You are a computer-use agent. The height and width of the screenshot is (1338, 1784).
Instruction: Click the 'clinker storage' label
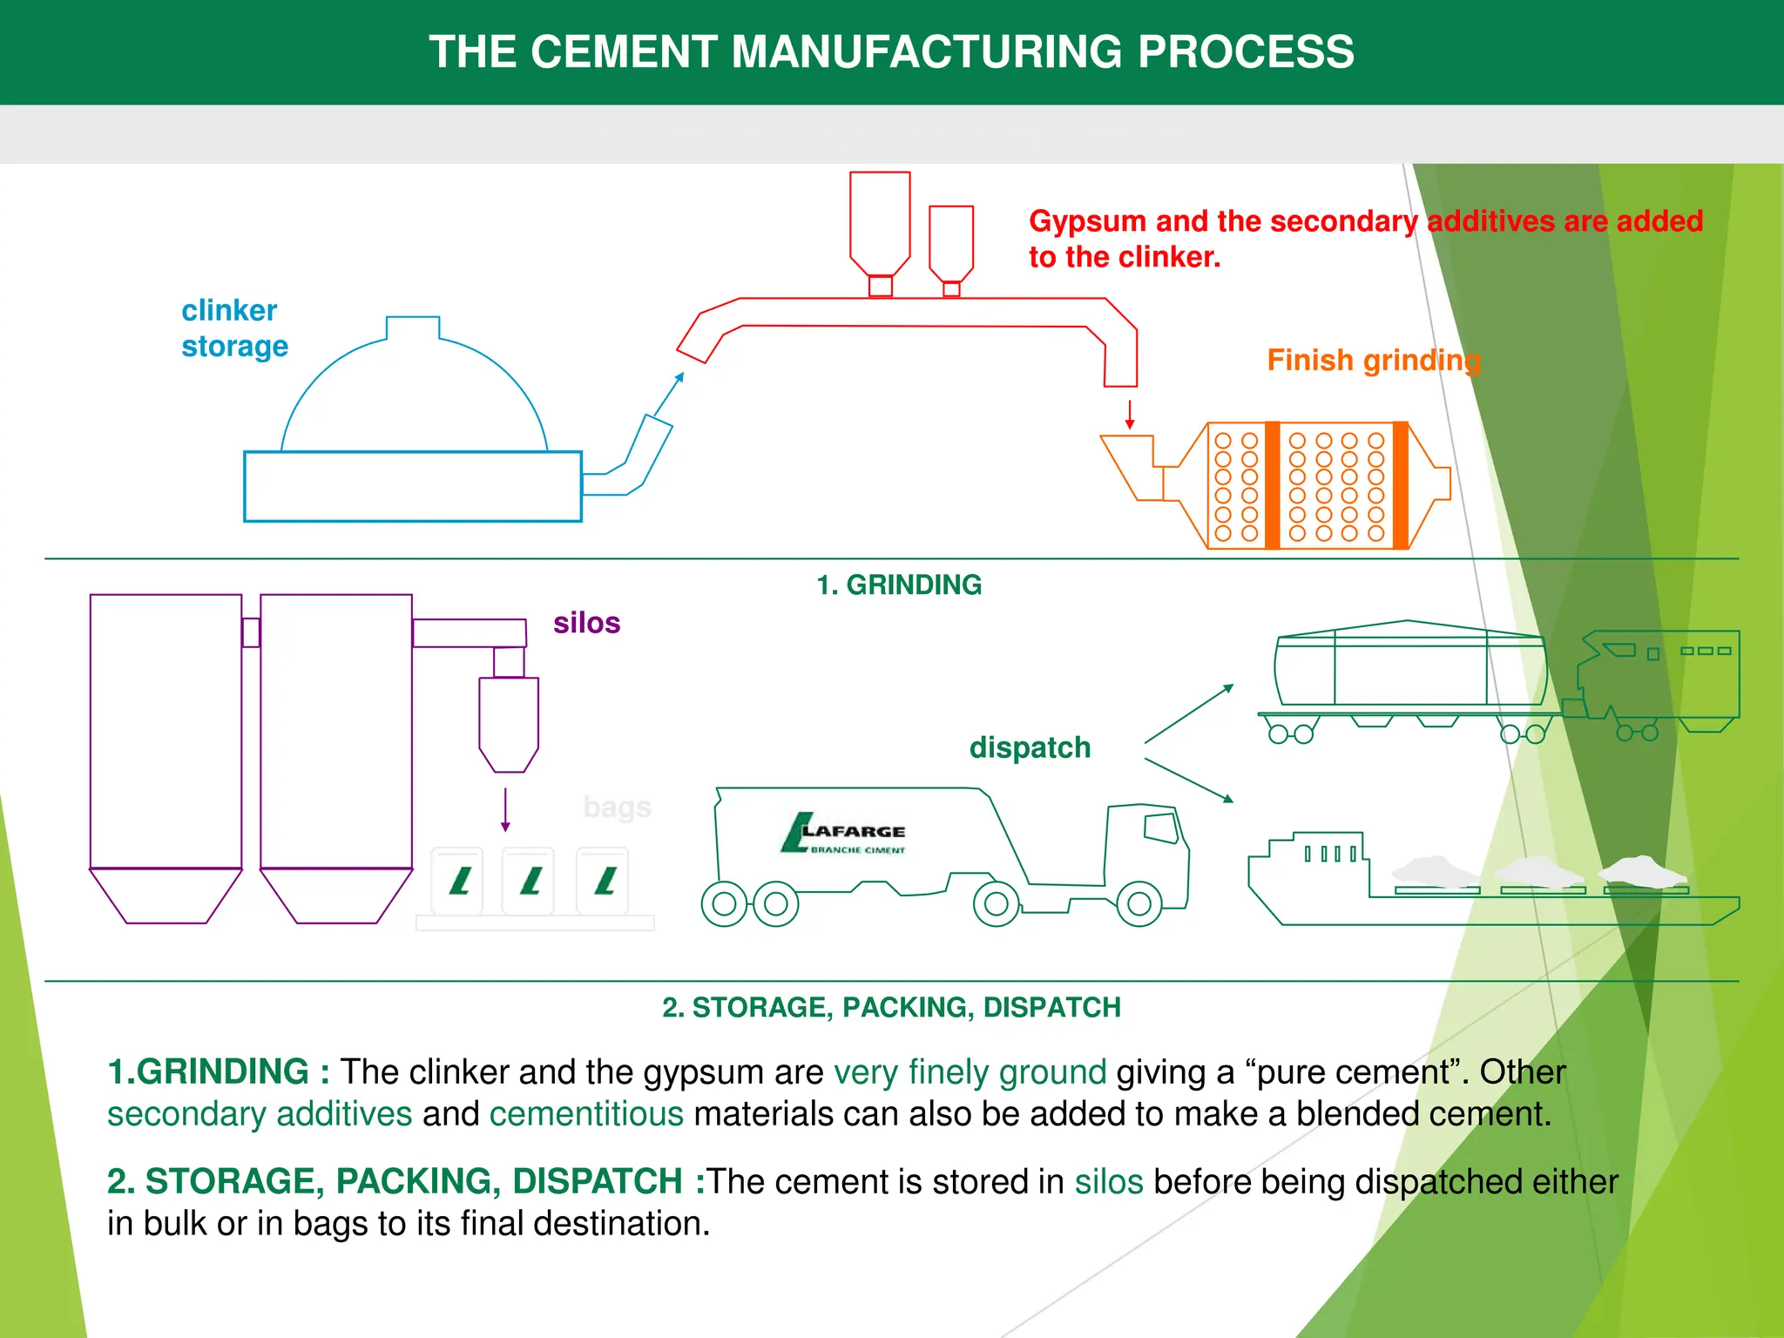tap(233, 328)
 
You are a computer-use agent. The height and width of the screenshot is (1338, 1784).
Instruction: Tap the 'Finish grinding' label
tap(1373, 360)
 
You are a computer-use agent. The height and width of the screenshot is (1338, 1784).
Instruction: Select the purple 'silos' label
tap(586, 623)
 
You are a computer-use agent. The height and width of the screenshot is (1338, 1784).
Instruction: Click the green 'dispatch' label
tap(1030, 747)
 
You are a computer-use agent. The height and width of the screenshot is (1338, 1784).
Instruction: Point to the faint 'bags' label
tap(617, 808)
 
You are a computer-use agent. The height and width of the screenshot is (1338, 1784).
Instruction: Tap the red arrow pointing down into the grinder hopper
tap(1130, 414)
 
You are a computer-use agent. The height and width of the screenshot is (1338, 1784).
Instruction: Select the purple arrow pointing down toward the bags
tap(505, 810)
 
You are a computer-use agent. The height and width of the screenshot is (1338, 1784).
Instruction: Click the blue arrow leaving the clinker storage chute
tap(669, 394)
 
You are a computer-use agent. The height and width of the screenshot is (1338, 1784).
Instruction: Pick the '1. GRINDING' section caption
tap(898, 585)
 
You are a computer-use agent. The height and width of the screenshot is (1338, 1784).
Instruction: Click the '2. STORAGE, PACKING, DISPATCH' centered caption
tap(891, 1007)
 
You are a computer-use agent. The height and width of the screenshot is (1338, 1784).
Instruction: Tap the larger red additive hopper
tap(880, 222)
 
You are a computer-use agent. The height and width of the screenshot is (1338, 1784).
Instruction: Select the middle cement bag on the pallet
tap(529, 881)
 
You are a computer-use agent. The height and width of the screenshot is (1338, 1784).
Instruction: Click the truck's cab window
tap(1160, 827)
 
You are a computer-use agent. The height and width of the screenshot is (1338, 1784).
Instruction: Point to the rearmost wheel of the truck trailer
tap(724, 904)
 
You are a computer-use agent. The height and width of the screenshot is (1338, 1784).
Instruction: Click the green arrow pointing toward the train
tap(1188, 714)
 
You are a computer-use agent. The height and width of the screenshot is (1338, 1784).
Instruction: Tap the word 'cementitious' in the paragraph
tap(586, 1114)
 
